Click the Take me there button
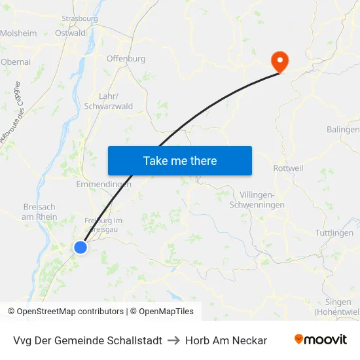[x=180, y=160]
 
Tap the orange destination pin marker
[x=279, y=62]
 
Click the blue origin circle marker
[x=80, y=247]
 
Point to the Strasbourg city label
[x=80, y=19]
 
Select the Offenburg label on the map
[x=126, y=58]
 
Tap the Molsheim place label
[x=18, y=33]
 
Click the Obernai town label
[x=16, y=62]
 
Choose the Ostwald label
[x=71, y=33]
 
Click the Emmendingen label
[x=103, y=185]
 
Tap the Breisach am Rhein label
[x=39, y=211]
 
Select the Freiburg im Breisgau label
[x=103, y=225]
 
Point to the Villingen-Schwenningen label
[x=257, y=200]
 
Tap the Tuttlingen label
[x=334, y=233]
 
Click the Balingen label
[x=343, y=130]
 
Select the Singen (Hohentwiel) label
[x=336, y=307]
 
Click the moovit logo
[x=321, y=340]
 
